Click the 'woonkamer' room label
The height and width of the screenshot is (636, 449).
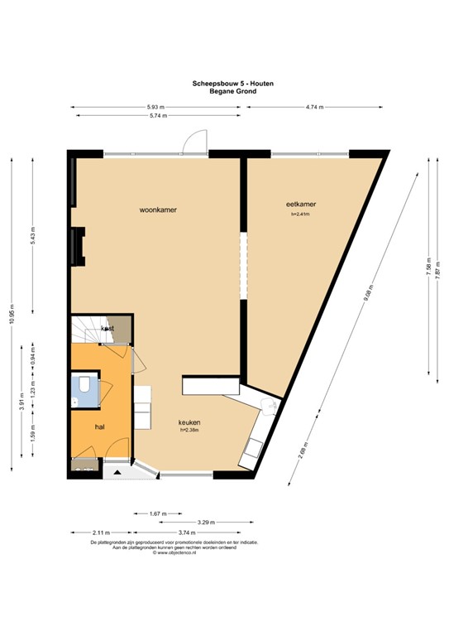tap(158, 210)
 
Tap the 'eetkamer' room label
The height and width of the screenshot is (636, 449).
tap(301, 204)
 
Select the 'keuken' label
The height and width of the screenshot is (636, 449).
tap(190, 422)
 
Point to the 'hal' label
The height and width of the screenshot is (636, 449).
tap(100, 426)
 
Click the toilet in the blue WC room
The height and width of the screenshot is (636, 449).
tap(84, 388)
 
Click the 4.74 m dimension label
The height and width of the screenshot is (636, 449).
tap(314, 107)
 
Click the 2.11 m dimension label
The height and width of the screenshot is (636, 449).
tap(100, 533)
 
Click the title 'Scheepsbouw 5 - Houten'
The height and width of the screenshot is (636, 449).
tap(221, 84)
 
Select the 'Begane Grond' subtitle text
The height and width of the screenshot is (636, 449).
tap(221, 91)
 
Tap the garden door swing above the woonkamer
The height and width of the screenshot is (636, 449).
tap(192, 142)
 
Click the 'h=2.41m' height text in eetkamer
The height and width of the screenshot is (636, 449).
tap(301, 214)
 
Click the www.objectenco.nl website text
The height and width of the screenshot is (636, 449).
tap(221, 552)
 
